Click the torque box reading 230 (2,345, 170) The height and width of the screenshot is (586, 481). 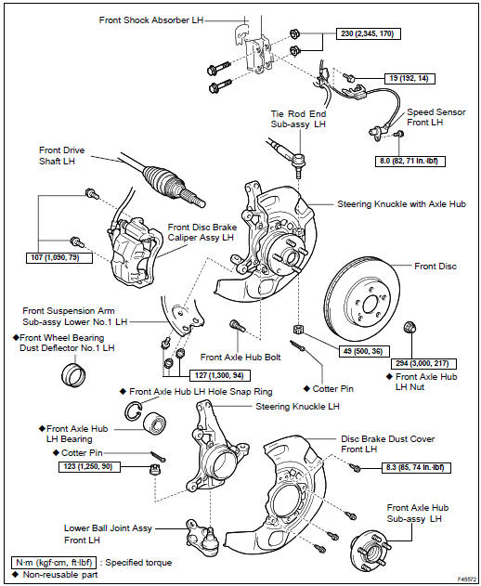pyautogui.click(x=368, y=33)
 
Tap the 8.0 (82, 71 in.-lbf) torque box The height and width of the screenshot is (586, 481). pyautogui.click(x=410, y=161)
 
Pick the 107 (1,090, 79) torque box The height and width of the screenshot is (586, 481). pyautogui.click(x=59, y=258)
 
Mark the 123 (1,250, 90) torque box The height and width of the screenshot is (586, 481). pyautogui.click(x=90, y=467)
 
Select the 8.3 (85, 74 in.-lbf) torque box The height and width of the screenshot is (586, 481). pyautogui.click(x=416, y=468)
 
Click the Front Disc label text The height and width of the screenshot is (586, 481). pyautogui.click(x=435, y=267)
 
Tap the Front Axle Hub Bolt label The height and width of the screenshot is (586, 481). pyautogui.click(x=240, y=358)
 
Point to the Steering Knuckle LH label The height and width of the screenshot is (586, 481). pyautogui.click(x=297, y=406)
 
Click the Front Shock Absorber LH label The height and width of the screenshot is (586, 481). pyautogui.click(x=151, y=20)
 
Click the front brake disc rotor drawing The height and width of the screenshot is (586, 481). pyautogui.click(x=361, y=296)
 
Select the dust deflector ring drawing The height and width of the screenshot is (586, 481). pyautogui.click(x=73, y=375)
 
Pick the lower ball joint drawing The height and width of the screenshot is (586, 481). pyautogui.click(x=202, y=536)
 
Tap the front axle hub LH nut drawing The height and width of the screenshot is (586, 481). pyautogui.click(x=410, y=327)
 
